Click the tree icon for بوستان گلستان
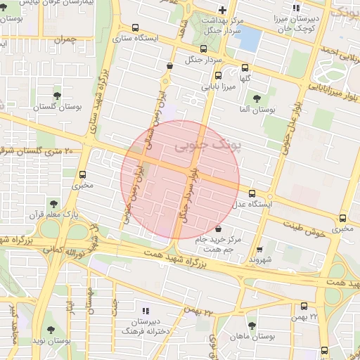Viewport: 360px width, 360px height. click(57, 95)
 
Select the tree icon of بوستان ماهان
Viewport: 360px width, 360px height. click(252, 326)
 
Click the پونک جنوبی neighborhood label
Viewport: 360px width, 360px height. click(206, 146)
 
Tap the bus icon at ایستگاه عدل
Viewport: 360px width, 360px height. click(252, 193)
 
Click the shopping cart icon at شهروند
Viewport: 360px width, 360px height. click(260, 249)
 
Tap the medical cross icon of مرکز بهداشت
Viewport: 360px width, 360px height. click(222, 10)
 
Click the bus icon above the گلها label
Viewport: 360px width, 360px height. click(245, 68)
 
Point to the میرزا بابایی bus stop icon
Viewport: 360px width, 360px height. click(218, 75)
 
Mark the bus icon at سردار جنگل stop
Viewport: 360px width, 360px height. click(204, 49)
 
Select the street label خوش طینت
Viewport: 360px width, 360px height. click(304, 226)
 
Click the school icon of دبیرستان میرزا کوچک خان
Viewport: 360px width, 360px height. click(296, 10)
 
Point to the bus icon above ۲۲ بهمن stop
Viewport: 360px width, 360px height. click(304, 307)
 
